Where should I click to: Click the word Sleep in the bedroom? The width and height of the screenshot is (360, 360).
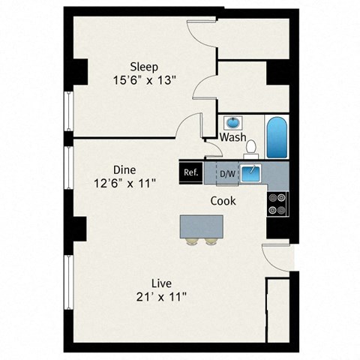tap(143, 65)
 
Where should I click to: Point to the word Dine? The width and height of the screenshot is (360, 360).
tap(124, 169)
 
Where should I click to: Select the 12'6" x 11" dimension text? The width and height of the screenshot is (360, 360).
tap(124, 182)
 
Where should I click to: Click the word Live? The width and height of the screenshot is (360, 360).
tap(161, 283)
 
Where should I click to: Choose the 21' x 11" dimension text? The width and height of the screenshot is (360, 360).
tap(161, 296)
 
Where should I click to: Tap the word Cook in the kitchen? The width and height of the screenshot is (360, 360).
tap(223, 201)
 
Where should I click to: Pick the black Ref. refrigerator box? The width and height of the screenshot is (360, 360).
tap(191, 172)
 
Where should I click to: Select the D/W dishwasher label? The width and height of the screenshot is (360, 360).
tap(226, 175)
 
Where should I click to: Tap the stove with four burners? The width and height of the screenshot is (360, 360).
tap(277, 202)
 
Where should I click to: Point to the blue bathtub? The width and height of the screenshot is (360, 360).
tap(277, 136)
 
